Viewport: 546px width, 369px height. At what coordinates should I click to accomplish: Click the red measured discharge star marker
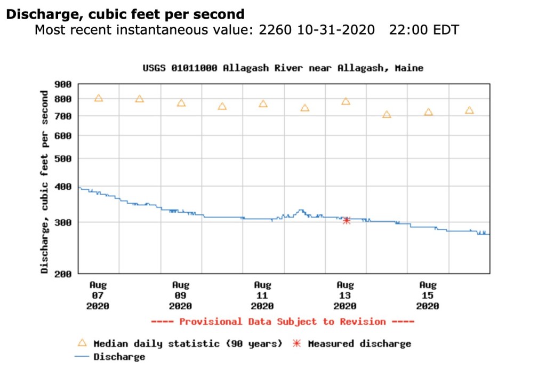point(347,220)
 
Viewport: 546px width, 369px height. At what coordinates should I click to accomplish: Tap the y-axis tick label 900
point(63,84)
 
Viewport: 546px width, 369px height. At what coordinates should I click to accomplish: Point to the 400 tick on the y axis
point(63,187)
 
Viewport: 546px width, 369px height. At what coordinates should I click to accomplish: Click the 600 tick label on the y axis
point(63,136)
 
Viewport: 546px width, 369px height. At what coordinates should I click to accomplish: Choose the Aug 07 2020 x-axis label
point(98,295)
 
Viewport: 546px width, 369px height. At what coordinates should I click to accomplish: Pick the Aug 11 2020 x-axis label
point(262,295)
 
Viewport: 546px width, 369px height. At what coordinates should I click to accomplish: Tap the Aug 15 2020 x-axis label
point(428,295)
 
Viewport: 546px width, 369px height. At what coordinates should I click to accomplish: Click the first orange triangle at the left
point(99,98)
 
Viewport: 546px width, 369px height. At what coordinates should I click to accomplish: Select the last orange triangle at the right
point(469,110)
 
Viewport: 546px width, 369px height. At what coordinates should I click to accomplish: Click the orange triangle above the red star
point(346,101)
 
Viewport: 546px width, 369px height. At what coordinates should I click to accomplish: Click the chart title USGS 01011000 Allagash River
point(283,68)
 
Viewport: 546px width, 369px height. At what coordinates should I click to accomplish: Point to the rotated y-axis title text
point(45,182)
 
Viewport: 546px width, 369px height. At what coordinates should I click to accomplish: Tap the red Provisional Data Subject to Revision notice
point(283,322)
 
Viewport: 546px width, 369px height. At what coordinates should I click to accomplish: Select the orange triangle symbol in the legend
point(82,343)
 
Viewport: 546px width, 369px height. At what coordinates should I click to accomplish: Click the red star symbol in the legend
point(297,343)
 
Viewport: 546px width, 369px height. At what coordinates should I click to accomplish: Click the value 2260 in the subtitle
point(275,30)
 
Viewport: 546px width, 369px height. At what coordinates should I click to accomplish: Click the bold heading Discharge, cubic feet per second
point(125,14)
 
